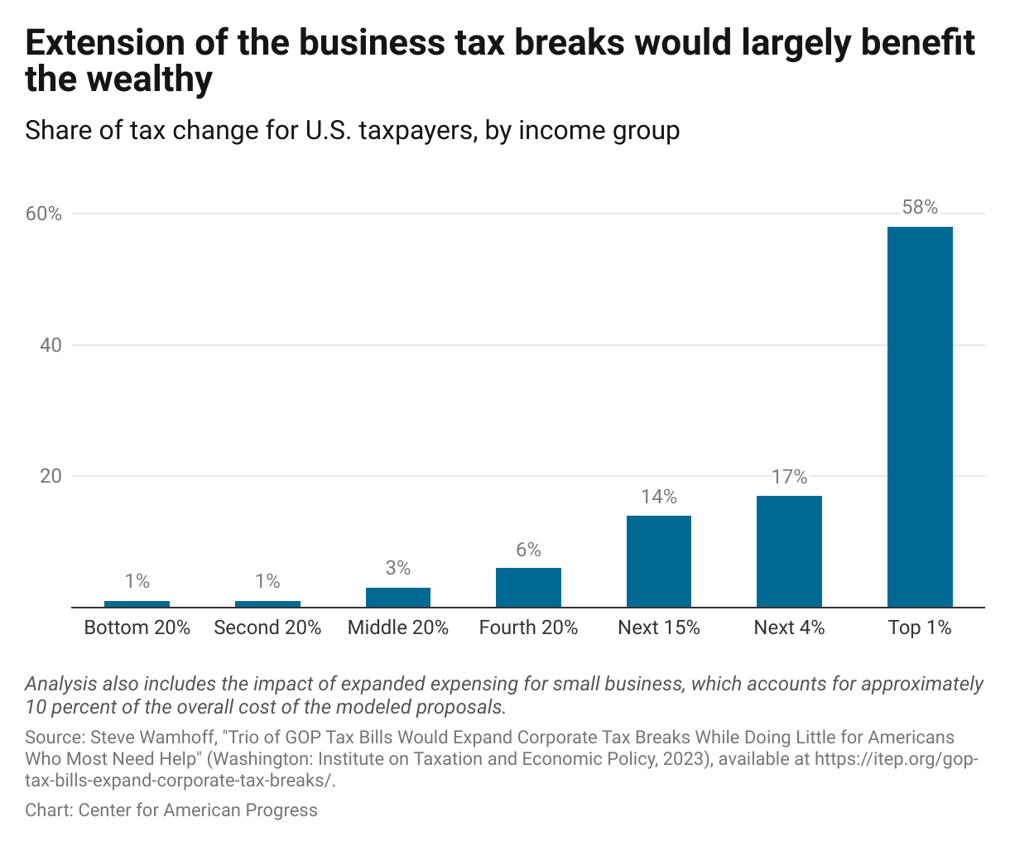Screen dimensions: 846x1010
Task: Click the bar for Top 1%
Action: (x=920, y=416)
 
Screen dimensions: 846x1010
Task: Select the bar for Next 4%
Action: (x=789, y=551)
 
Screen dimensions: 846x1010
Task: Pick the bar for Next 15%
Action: (x=659, y=561)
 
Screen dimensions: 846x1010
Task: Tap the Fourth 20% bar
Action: (x=528, y=587)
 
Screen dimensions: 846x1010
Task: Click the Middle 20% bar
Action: (x=398, y=597)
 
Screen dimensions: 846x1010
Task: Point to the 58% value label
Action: (x=920, y=208)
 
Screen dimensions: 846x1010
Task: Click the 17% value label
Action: (x=789, y=477)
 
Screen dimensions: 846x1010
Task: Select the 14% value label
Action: (x=659, y=497)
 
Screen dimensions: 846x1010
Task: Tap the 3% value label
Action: (x=398, y=568)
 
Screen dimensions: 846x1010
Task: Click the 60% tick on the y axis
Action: (x=44, y=214)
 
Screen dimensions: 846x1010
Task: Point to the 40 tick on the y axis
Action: (x=50, y=345)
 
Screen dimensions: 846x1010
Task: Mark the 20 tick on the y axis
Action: (x=50, y=476)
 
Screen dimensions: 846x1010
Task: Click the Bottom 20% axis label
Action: (x=137, y=627)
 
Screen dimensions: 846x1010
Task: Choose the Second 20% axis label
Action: (x=267, y=627)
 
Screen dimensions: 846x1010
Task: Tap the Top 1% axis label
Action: (x=920, y=627)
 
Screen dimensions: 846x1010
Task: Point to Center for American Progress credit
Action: (x=198, y=810)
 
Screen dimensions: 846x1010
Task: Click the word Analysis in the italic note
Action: (x=60, y=685)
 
